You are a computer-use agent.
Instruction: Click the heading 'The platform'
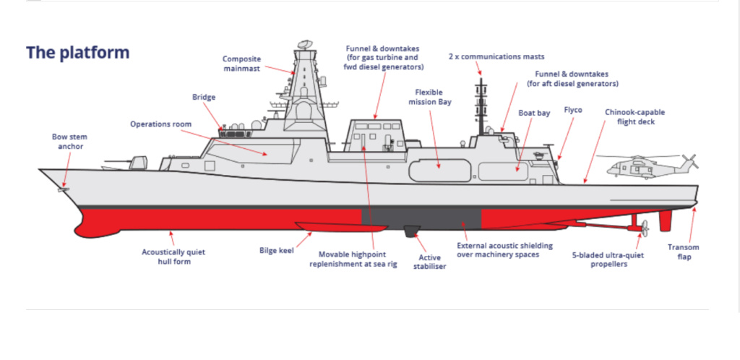tap(77, 52)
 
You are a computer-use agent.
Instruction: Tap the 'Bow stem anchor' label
tap(70, 142)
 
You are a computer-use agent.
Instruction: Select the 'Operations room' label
tap(161, 124)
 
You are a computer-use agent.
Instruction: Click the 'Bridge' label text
tap(204, 97)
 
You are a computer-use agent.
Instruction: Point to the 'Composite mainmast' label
tap(241, 64)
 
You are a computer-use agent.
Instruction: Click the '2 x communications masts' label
tap(496, 56)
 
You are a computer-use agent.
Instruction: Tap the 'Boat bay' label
tap(534, 113)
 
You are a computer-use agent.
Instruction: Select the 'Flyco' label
tap(573, 110)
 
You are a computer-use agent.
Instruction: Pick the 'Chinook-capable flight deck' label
tap(634, 117)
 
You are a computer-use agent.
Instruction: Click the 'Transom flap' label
tap(684, 252)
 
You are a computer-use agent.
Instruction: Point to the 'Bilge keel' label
tap(277, 250)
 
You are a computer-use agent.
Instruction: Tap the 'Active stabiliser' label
tap(430, 262)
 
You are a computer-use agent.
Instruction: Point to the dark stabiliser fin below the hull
tap(411, 231)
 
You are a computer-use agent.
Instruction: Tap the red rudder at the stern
tap(665, 220)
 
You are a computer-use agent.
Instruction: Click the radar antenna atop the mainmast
tap(305, 45)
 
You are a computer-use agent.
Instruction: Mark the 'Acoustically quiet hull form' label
tap(173, 257)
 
